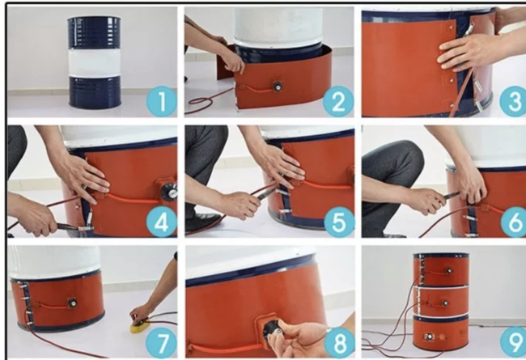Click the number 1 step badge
pyautogui.click(x=162, y=101)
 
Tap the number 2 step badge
pyautogui.click(x=338, y=101)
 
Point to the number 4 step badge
pyautogui.click(x=161, y=222)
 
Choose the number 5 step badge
pyautogui.click(x=338, y=222)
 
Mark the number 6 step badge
pyautogui.click(x=514, y=222)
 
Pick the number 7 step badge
pyautogui.click(x=161, y=343)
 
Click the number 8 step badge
pyautogui.click(x=340, y=343)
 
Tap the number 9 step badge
pyautogui.click(x=514, y=343)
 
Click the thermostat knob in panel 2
pyautogui.click(x=278, y=87)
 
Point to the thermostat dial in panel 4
pyautogui.click(x=169, y=192)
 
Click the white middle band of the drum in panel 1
pyautogui.click(x=94, y=63)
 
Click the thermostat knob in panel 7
pyautogui.click(x=72, y=303)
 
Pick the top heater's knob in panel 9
pyautogui.click(x=448, y=270)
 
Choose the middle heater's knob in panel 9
pyautogui.click(x=445, y=303)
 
